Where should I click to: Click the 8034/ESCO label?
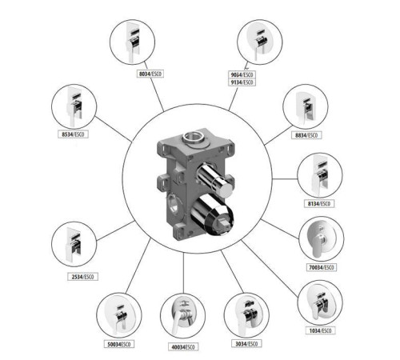pos(150,74)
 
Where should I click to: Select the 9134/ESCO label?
pos(242,82)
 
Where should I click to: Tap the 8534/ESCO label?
pos(73,134)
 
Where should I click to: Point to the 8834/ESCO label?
pos(306,135)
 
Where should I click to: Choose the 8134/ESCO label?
pos(319,204)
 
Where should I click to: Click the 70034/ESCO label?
pos(322,267)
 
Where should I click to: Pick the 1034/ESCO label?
pos(320,331)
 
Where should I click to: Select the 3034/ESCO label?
pos(246,344)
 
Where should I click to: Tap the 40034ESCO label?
pos(183,347)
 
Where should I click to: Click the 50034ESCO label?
pos(119,344)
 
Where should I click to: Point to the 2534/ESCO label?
pos(82,277)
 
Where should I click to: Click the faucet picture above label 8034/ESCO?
pos(133,42)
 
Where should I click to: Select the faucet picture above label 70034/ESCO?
pos(322,239)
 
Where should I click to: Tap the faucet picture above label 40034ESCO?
pos(182,316)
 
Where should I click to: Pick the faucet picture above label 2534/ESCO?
pos(74,244)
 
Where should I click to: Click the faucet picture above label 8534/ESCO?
pos(74,106)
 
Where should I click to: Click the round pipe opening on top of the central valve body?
pos(194,138)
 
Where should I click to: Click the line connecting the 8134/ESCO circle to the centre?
pos(285,179)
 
